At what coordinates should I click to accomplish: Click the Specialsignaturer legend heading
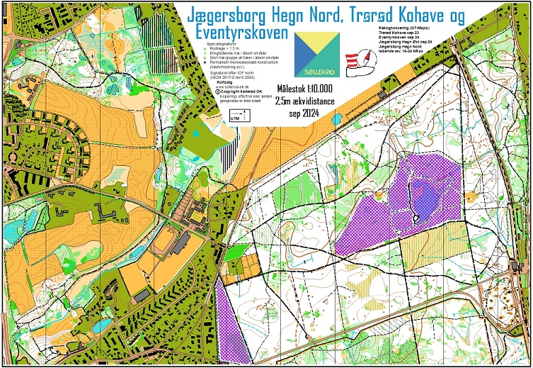[223, 43]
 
